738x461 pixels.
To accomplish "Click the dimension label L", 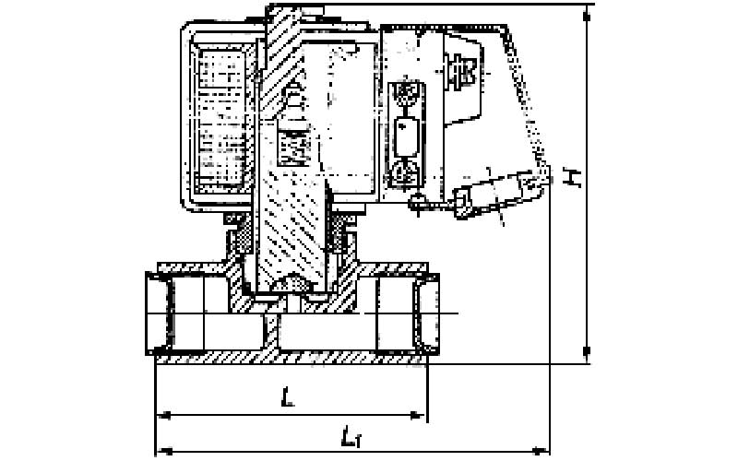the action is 288,396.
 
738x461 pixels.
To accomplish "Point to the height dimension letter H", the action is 572,177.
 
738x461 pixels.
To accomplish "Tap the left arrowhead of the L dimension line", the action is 163,415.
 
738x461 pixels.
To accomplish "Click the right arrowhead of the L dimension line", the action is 418,415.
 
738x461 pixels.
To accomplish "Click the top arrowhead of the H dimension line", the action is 587,14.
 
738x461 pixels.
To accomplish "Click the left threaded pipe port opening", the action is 160,313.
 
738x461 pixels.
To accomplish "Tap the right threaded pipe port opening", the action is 426,313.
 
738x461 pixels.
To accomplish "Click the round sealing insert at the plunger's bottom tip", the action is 292,284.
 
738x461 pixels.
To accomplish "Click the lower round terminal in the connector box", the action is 405,172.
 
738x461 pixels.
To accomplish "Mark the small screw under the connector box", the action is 417,202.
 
